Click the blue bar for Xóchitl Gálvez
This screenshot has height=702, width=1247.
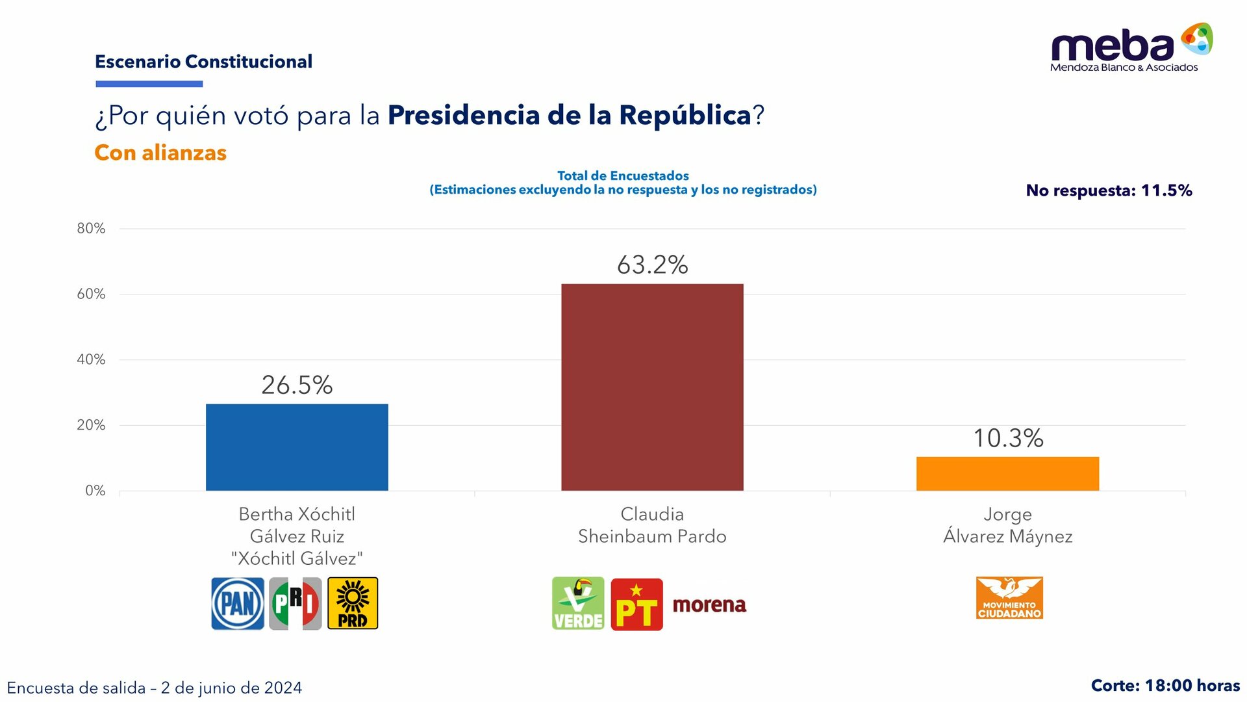(x=297, y=447)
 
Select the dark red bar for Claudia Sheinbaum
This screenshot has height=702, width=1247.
(x=652, y=387)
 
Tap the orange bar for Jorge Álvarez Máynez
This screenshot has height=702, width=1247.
(x=1007, y=473)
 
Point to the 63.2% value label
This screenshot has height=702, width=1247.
(x=652, y=265)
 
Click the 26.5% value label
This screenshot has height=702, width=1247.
(x=297, y=385)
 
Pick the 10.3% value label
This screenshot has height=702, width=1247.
(x=1007, y=438)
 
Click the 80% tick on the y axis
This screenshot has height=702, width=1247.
(x=91, y=228)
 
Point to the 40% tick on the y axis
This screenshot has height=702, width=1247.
(x=91, y=359)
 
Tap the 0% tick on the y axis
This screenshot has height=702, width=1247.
(x=95, y=491)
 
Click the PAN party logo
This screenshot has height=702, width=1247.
(x=238, y=603)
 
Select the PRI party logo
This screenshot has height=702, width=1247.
(x=296, y=603)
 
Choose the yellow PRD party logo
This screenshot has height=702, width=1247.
(x=353, y=603)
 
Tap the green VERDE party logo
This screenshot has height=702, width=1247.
(x=578, y=603)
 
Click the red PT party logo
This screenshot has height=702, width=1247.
(x=636, y=604)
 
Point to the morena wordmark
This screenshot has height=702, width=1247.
(x=709, y=604)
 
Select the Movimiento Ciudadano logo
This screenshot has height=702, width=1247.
(x=1009, y=597)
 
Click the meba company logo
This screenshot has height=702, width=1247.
(x=1130, y=47)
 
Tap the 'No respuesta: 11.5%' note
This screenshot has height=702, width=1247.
(x=1109, y=190)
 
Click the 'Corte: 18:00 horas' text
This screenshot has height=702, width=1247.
(x=1165, y=686)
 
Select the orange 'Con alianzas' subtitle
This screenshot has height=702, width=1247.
(x=160, y=153)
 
